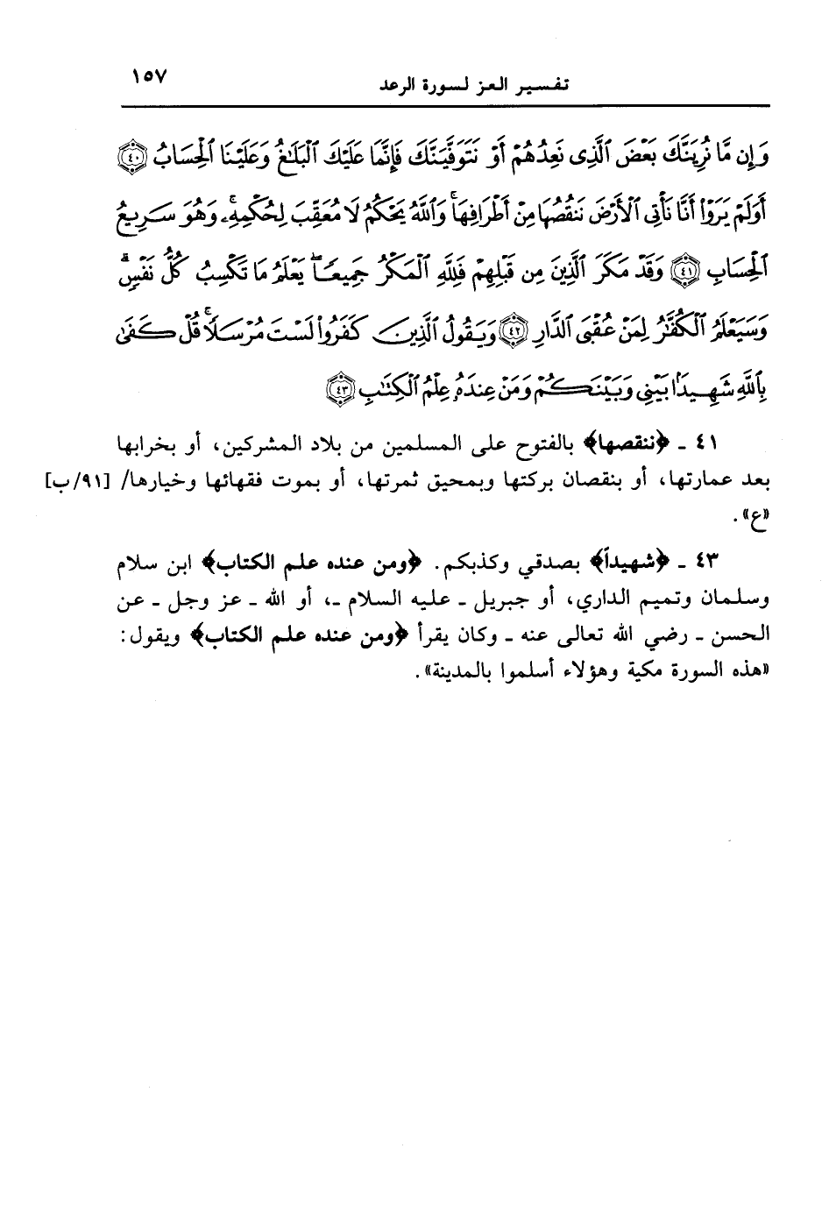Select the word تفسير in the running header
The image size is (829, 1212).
[x=538, y=87]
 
